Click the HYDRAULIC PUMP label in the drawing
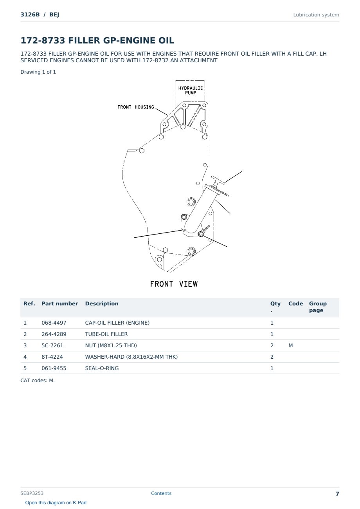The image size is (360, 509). pyautogui.click(x=191, y=90)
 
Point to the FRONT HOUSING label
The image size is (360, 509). pyautogui.click(x=136, y=107)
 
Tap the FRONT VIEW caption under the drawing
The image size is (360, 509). pyautogui.click(x=174, y=284)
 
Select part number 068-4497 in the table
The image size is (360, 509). pyautogui.click(x=54, y=323)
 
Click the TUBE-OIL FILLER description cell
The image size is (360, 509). pyautogui.click(x=106, y=334)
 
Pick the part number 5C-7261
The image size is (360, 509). pyautogui.click(x=52, y=345)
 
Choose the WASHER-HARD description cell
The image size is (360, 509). pyautogui.click(x=131, y=357)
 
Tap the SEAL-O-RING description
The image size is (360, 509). pyautogui.click(x=102, y=368)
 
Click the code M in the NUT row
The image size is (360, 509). pyautogui.click(x=290, y=345)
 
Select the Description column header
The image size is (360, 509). pyautogui.click(x=101, y=303)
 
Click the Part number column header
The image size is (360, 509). pyautogui.click(x=60, y=303)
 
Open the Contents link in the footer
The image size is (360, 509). pyautogui.click(x=161, y=493)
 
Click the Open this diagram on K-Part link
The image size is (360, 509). pyautogui.click(x=56, y=503)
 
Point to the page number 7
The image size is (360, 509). pyautogui.click(x=337, y=494)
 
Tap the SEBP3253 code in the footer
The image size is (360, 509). pyautogui.click(x=32, y=493)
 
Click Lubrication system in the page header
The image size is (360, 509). pyautogui.click(x=316, y=15)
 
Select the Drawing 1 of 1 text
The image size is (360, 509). pyautogui.click(x=38, y=72)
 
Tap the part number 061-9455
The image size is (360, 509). pyautogui.click(x=54, y=368)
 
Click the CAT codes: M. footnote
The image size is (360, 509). pyautogui.click(x=38, y=381)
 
